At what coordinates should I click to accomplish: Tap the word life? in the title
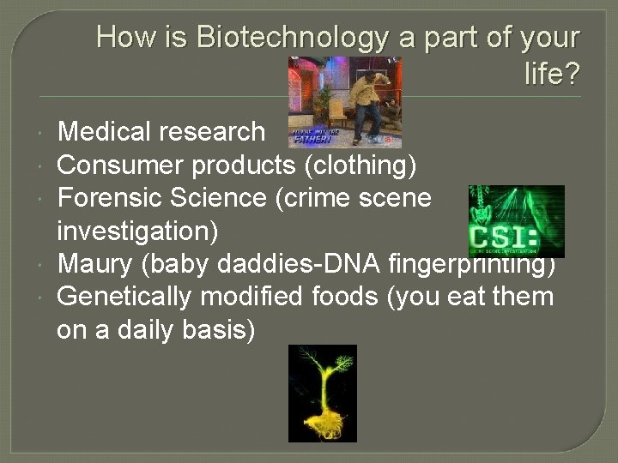coord(552,75)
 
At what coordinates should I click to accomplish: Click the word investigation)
coord(137,231)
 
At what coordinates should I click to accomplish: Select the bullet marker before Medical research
coord(42,133)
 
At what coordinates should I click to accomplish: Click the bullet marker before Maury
coord(42,265)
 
